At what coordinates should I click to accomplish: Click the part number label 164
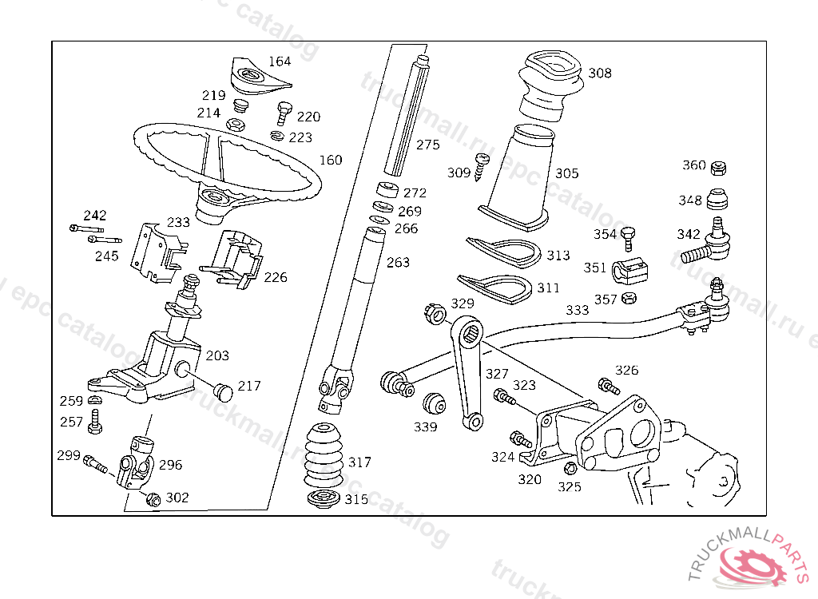[x=280, y=61]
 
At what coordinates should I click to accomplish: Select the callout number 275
[x=428, y=145]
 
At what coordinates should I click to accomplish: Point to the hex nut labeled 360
[x=718, y=168]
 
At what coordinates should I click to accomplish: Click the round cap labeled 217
[x=224, y=391]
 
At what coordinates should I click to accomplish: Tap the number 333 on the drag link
[x=578, y=310]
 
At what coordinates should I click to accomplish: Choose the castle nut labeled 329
[x=435, y=312]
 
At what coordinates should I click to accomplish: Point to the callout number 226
[x=275, y=278]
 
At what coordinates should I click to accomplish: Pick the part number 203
[x=217, y=355]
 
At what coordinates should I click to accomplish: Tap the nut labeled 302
[x=154, y=499]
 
